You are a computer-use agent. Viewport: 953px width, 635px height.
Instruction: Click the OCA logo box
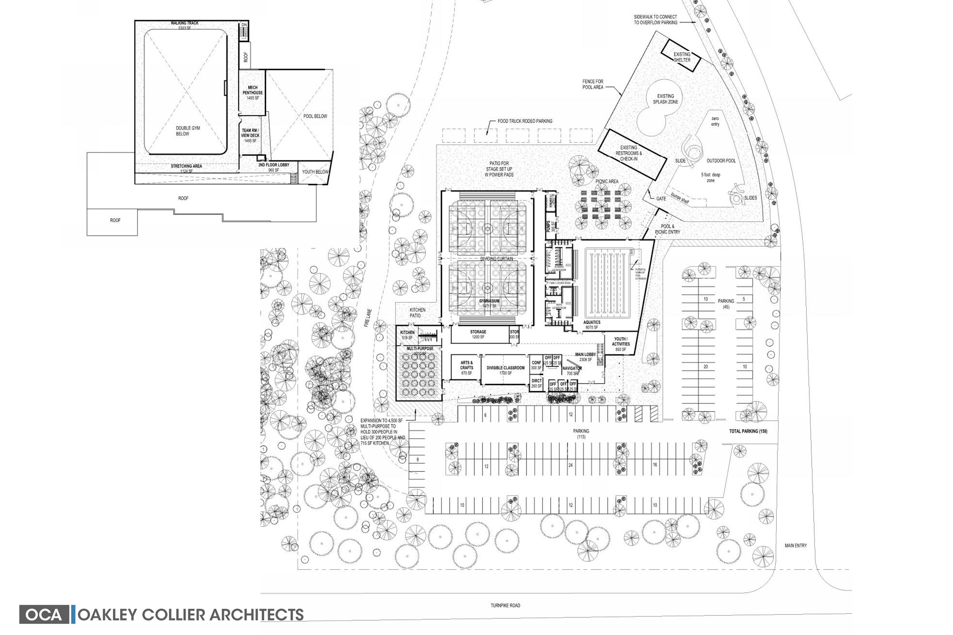click(x=45, y=614)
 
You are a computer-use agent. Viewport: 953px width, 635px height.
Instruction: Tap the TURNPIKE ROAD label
click(x=505, y=605)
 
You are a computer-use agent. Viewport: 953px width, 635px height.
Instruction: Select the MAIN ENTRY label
click(x=795, y=546)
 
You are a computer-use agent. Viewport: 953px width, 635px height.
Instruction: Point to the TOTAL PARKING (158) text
click(x=748, y=431)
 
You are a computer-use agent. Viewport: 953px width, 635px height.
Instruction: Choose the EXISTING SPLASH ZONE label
click(x=665, y=99)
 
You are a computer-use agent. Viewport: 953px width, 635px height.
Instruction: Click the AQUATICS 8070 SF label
click(x=592, y=325)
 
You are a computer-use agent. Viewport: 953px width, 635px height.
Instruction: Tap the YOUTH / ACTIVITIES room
click(x=620, y=344)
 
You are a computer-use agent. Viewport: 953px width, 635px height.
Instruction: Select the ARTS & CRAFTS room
click(x=466, y=367)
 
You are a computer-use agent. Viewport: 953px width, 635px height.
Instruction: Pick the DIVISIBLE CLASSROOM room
click(x=505, y=370)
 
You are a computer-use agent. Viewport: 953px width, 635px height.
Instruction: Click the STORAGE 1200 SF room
click(x=478, y=334)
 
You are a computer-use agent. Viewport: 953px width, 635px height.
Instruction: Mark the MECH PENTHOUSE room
click(x=252, y=92)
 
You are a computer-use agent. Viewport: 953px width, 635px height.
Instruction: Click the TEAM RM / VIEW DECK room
click(x=250, y=135)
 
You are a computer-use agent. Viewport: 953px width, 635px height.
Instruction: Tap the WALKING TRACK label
click(x=184, y=23)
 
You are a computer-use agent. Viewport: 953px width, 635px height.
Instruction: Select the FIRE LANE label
click(x=367, y=318)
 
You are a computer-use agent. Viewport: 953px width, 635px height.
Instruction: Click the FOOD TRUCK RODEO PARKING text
click(x=525, y=121)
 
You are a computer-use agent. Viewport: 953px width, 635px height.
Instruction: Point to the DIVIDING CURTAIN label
click(x=496, y=259)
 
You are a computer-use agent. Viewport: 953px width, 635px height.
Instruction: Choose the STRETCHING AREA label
click(x=186, y=166)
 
